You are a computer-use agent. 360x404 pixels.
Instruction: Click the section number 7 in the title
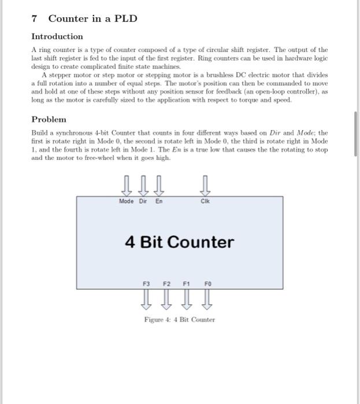point(34,18)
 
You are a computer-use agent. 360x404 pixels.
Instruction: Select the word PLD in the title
point(125,18)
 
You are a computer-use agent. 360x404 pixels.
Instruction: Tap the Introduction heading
point(57,36)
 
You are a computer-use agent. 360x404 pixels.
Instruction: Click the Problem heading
point(49,119)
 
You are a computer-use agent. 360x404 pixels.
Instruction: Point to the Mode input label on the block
point(126,201)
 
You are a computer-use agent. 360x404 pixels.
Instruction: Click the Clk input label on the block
point(205,201)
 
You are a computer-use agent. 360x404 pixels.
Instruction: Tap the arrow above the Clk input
point(205,186)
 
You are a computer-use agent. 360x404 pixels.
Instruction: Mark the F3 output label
point(146,284)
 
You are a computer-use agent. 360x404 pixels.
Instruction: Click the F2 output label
point(166,284)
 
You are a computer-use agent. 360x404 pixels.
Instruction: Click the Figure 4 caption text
point(179,319)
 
